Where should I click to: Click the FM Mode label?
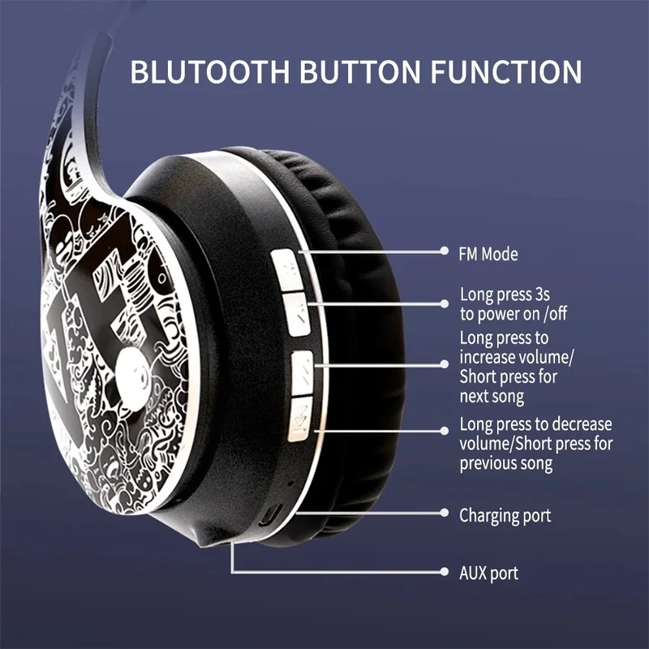click(x=488, y=254)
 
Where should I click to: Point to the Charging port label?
click(x=505, y=515)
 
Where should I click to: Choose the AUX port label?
click(x=488, y=573)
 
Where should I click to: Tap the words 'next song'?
click(x=492, y=397)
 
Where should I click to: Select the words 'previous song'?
click(x=506, y=464)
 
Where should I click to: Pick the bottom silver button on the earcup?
click(x=299, y=420)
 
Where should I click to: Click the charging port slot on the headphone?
click(x=274, y=514)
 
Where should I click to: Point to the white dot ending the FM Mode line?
click(x=444, y=252)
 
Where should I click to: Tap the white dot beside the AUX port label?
click(x=444, y=572)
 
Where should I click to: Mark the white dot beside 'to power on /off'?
click(x=444, y=303)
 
